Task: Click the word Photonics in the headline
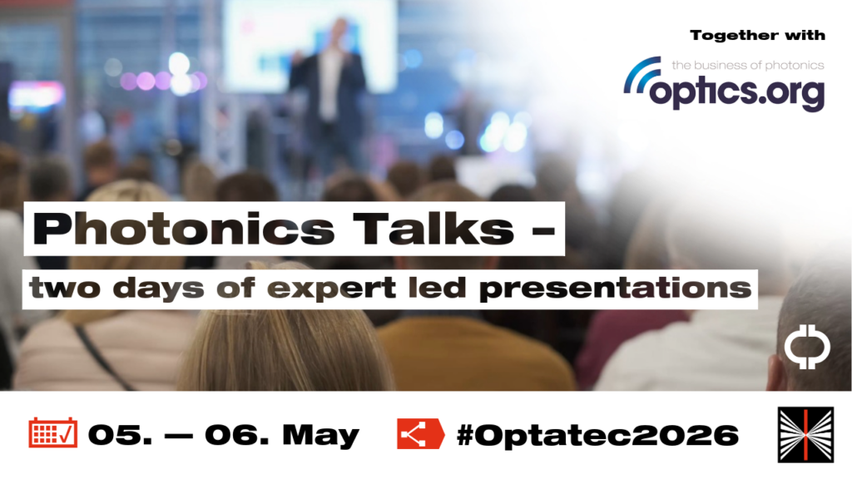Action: pos(184,229)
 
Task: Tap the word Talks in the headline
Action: pos(433,229)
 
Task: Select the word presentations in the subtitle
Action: pos(615,289)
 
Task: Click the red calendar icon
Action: pos(52,432)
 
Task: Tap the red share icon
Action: pos(420,433)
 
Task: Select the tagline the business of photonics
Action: pos(748,65)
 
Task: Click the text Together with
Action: pos(757,36)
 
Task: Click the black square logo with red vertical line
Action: pos(805,435)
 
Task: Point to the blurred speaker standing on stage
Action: pos(328,92)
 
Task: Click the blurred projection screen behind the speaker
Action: pos(310,47)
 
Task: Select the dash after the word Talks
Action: pos(543,231)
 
